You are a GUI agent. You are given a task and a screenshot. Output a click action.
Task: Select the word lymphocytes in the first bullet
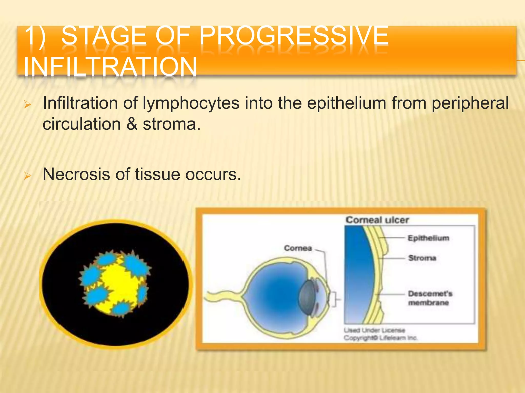click(191, 103)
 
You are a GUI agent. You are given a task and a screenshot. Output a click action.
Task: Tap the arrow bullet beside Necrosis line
click(27, 176)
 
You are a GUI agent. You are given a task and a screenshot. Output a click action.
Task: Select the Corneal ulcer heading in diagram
click(377, 220)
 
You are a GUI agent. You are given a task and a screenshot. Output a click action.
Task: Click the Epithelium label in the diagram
click(428, 238)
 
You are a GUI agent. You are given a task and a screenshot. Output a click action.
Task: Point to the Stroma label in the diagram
click(422, 258)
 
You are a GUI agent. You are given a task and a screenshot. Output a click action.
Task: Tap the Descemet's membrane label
click(430, 298)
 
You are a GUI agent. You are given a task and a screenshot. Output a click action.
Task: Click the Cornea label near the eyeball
click(298, 248)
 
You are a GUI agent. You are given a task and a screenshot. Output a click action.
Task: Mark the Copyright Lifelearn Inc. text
click(380, 338)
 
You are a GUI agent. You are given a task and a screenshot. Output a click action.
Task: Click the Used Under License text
click(374, 331)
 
